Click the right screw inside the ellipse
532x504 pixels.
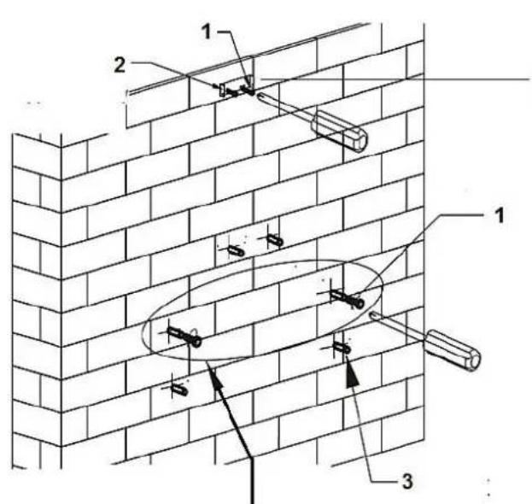click(347, 299)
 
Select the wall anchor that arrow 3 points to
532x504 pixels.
click(342, 348)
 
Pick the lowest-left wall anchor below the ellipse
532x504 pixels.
click(178, 389)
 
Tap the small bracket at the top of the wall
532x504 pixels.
click(222, 89)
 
